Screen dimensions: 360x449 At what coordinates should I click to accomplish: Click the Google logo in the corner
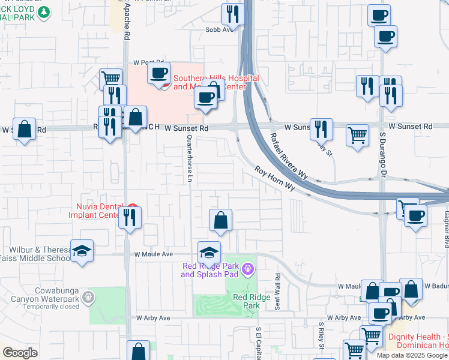click(20, 353)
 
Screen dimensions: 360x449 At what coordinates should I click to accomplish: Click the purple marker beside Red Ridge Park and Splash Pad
click(246, 271)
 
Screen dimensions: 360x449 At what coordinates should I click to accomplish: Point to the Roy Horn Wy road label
click(274, 178)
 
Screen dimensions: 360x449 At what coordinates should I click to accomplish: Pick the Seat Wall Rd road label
click(278, 292)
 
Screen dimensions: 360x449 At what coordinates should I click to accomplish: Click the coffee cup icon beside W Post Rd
click(158, 73)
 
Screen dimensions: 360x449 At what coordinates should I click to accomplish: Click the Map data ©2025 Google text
click(412, 355)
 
